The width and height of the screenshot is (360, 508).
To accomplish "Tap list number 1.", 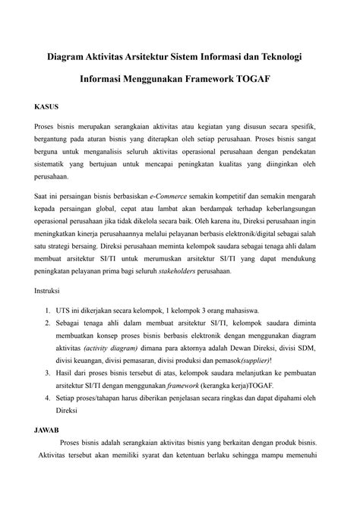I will point(47,311).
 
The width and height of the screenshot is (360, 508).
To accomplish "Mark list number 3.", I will point(47,373).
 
